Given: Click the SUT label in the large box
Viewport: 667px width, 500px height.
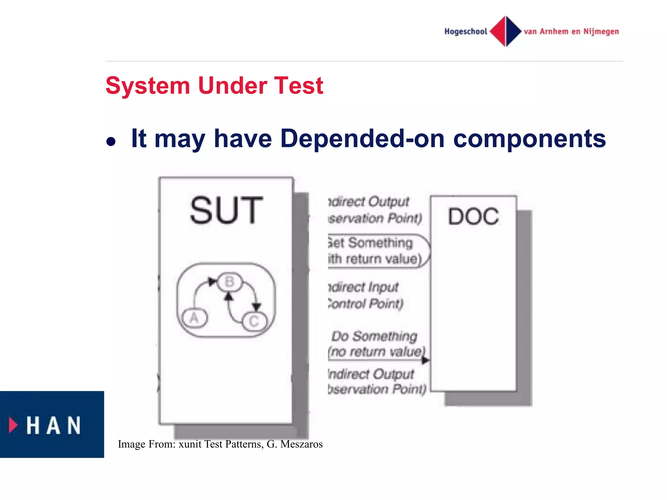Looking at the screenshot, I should point(226,211).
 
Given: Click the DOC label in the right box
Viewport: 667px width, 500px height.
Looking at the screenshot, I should point(473,216).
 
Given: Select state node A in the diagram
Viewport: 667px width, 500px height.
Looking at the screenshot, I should point(194,318).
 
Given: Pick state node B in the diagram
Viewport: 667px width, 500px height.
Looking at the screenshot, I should point(230,282).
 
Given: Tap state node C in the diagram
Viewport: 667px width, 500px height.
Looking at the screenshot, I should point(254,321).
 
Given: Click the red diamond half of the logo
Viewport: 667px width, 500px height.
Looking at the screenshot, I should point(498,31).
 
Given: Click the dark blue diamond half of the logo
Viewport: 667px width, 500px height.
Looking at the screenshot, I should point(513,31).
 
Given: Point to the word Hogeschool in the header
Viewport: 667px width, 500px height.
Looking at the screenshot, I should point(466,32).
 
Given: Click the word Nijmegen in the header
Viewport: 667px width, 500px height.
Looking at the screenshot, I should point(601,32).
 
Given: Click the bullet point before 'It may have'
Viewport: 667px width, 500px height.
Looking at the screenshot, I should point(111,142).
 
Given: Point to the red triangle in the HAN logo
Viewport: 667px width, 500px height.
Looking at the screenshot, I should point(13,425).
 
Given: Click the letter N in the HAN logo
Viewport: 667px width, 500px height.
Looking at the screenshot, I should point(74,425).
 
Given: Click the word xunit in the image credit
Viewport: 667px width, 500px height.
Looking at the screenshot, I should point(190,444).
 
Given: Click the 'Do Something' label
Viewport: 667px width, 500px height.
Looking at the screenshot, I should point(374,336).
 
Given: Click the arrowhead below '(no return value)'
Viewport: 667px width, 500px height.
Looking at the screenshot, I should point(425,360).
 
